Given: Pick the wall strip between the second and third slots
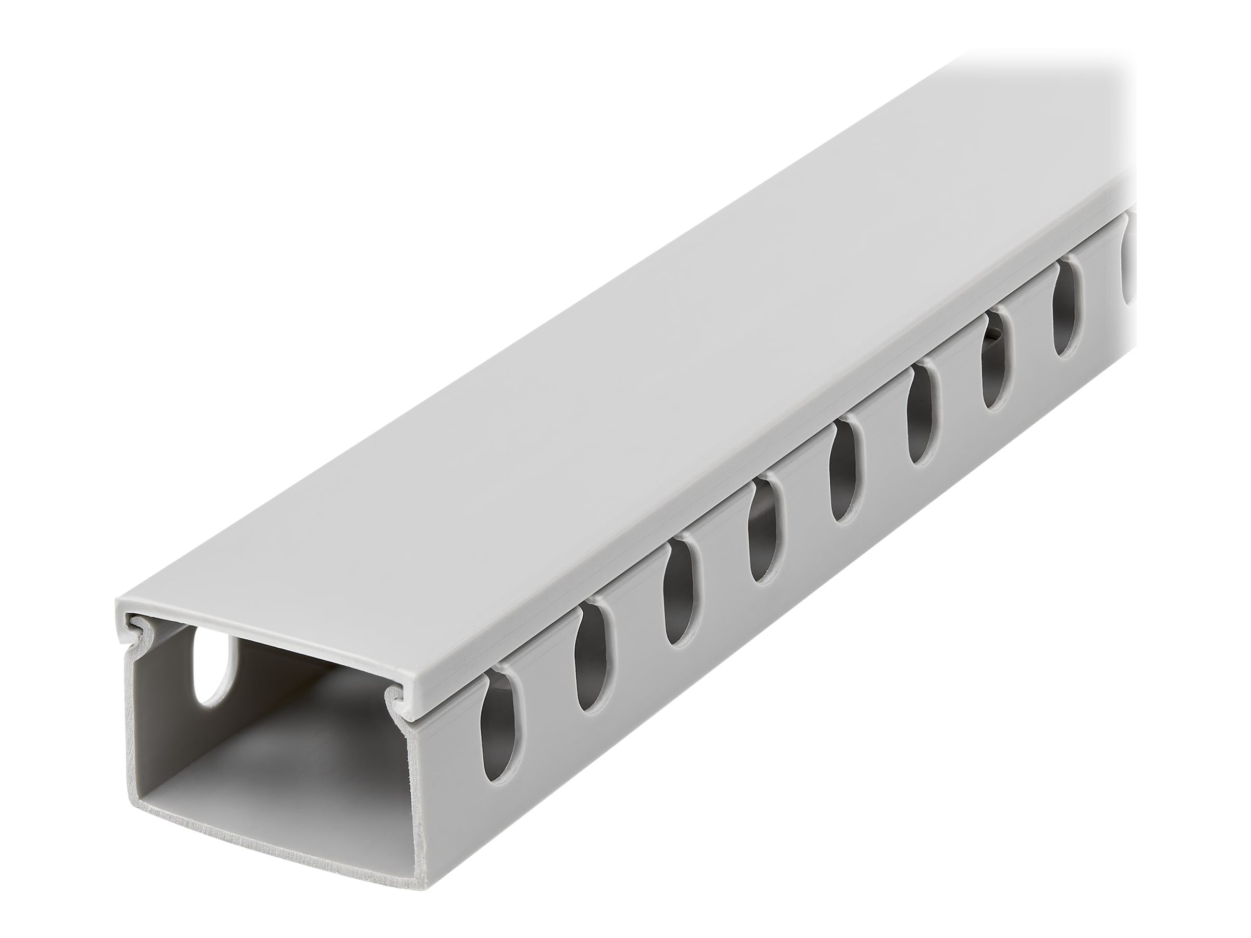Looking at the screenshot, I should tap(636, 656).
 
